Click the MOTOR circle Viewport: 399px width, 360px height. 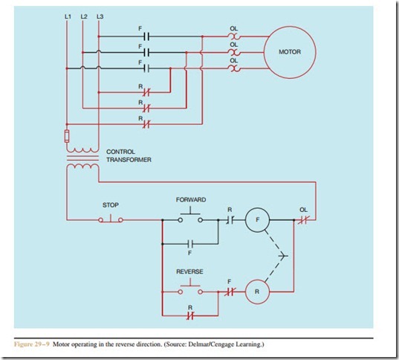(289, 53)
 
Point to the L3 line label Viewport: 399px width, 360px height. (100, 16)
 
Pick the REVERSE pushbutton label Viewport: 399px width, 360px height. (189, 271)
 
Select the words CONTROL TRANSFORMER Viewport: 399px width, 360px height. (131, 155)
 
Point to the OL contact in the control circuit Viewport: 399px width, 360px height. (303, 220)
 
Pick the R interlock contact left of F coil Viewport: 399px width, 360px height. (229, 220)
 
